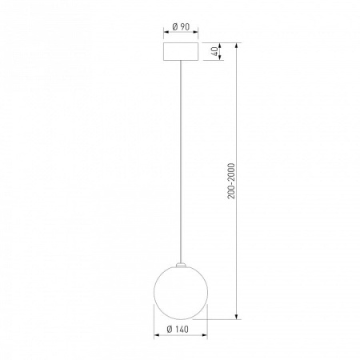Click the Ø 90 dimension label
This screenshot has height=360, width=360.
[181, 26]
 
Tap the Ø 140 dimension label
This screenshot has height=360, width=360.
[178, 330]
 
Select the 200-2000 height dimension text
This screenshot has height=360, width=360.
[231, 181]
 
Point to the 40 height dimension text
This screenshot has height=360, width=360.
[214, 51]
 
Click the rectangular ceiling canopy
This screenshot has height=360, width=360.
[181, 51]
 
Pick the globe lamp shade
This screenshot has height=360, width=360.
[181, 293]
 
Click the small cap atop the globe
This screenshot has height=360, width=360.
[181, 265]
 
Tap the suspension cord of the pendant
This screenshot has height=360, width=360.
[181, 162]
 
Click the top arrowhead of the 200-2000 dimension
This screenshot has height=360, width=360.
[236, 46]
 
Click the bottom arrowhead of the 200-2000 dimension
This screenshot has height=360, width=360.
[236, 316]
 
